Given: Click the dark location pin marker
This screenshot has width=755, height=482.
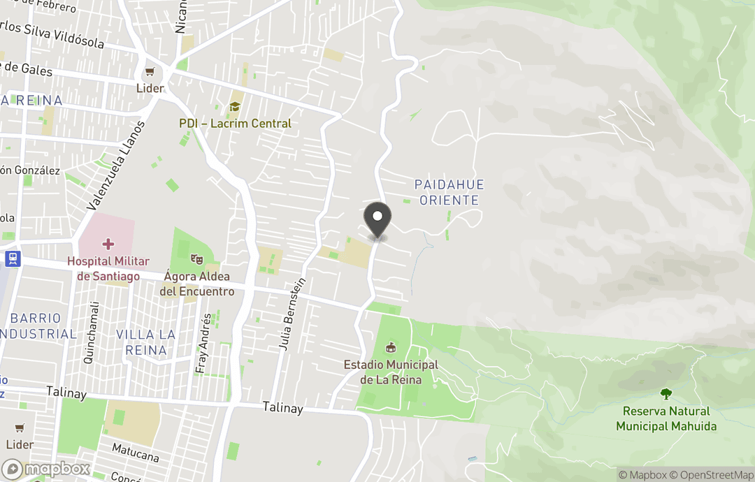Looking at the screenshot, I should pos(378,219).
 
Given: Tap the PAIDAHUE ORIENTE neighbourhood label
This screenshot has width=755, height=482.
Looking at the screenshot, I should pos(449,192).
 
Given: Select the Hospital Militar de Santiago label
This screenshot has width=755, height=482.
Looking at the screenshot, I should pos(108,269).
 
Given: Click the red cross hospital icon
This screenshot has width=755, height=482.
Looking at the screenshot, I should pos(108,244).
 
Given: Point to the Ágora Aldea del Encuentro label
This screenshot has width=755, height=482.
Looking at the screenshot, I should pos(196,284).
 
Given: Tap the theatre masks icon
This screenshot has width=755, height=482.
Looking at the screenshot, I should pos(196,258).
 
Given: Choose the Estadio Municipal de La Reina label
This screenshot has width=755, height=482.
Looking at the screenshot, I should pos(391,372).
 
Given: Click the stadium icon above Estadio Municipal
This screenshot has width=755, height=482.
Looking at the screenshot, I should pos(391,347).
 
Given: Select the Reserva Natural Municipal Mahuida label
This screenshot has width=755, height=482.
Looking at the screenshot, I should pos(666,418).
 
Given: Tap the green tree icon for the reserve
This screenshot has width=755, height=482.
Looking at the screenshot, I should pos(666,394).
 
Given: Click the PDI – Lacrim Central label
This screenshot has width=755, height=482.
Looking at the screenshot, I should pos(235,124).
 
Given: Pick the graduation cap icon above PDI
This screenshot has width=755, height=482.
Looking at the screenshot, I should pos(235,106).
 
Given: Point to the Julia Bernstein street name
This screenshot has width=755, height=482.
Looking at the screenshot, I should pos(292,313).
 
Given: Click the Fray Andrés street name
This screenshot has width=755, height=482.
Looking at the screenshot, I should pos(204,342).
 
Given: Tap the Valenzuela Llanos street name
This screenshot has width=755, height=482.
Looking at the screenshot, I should pos(116,165).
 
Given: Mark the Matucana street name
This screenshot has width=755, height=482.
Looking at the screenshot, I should pos(136,452).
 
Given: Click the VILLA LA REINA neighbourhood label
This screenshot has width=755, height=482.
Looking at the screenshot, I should pos(141,342).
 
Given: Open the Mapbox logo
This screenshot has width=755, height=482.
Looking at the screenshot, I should pos(47,469).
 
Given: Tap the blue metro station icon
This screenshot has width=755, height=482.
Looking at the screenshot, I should pos(12,258).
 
